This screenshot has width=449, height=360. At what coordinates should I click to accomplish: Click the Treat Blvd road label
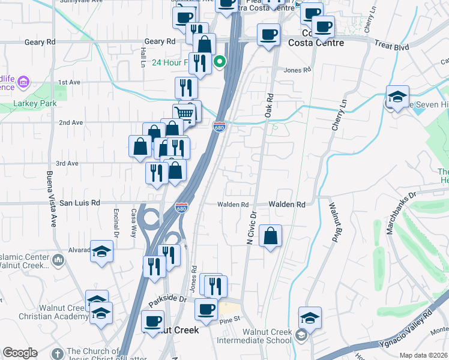tap(390, 45)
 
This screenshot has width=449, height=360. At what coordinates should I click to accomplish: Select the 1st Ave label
tap(69, 82)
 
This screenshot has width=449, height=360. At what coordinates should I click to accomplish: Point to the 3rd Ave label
tap(67, 163)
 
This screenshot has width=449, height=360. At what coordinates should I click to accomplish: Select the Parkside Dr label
tap(171, 298)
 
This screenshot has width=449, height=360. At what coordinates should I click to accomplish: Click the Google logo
tap(20, 353)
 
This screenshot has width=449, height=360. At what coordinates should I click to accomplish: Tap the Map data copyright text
tap(423, 355)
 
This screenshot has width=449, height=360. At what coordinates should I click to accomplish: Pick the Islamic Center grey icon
tap(58, 260)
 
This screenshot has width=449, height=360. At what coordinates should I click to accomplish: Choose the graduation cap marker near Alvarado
tap(101, 251)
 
